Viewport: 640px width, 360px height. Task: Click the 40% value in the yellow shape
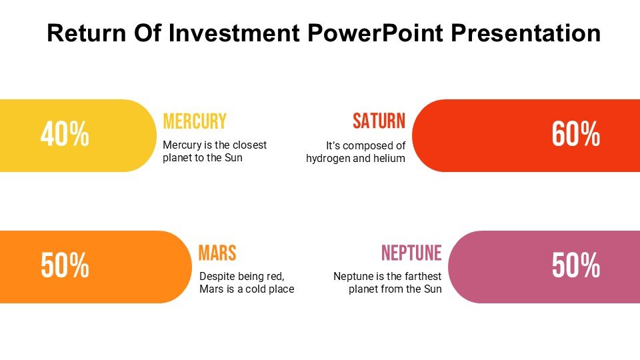(x=65, y=134)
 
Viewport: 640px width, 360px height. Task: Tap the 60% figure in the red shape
(x=576, y=134)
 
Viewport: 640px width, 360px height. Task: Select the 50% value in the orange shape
(x=65, y=266)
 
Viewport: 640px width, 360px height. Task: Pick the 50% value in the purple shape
(x=576, y=266)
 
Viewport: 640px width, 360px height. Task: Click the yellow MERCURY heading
(x=195, y=121)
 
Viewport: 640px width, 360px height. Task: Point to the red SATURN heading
(x=379, y=121)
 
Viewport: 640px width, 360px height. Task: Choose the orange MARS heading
(x=217, y=253)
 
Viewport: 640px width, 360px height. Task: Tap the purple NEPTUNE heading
(x=411, y=253)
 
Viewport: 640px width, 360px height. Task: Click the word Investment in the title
(x=234, y=33)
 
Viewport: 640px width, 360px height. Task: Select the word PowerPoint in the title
(x=375, y=33)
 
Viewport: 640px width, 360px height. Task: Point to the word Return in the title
(x=87, y=33)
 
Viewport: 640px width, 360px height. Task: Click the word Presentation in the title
(x=526, y=33)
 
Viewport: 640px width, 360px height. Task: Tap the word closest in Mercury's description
(x=249, y=145)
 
